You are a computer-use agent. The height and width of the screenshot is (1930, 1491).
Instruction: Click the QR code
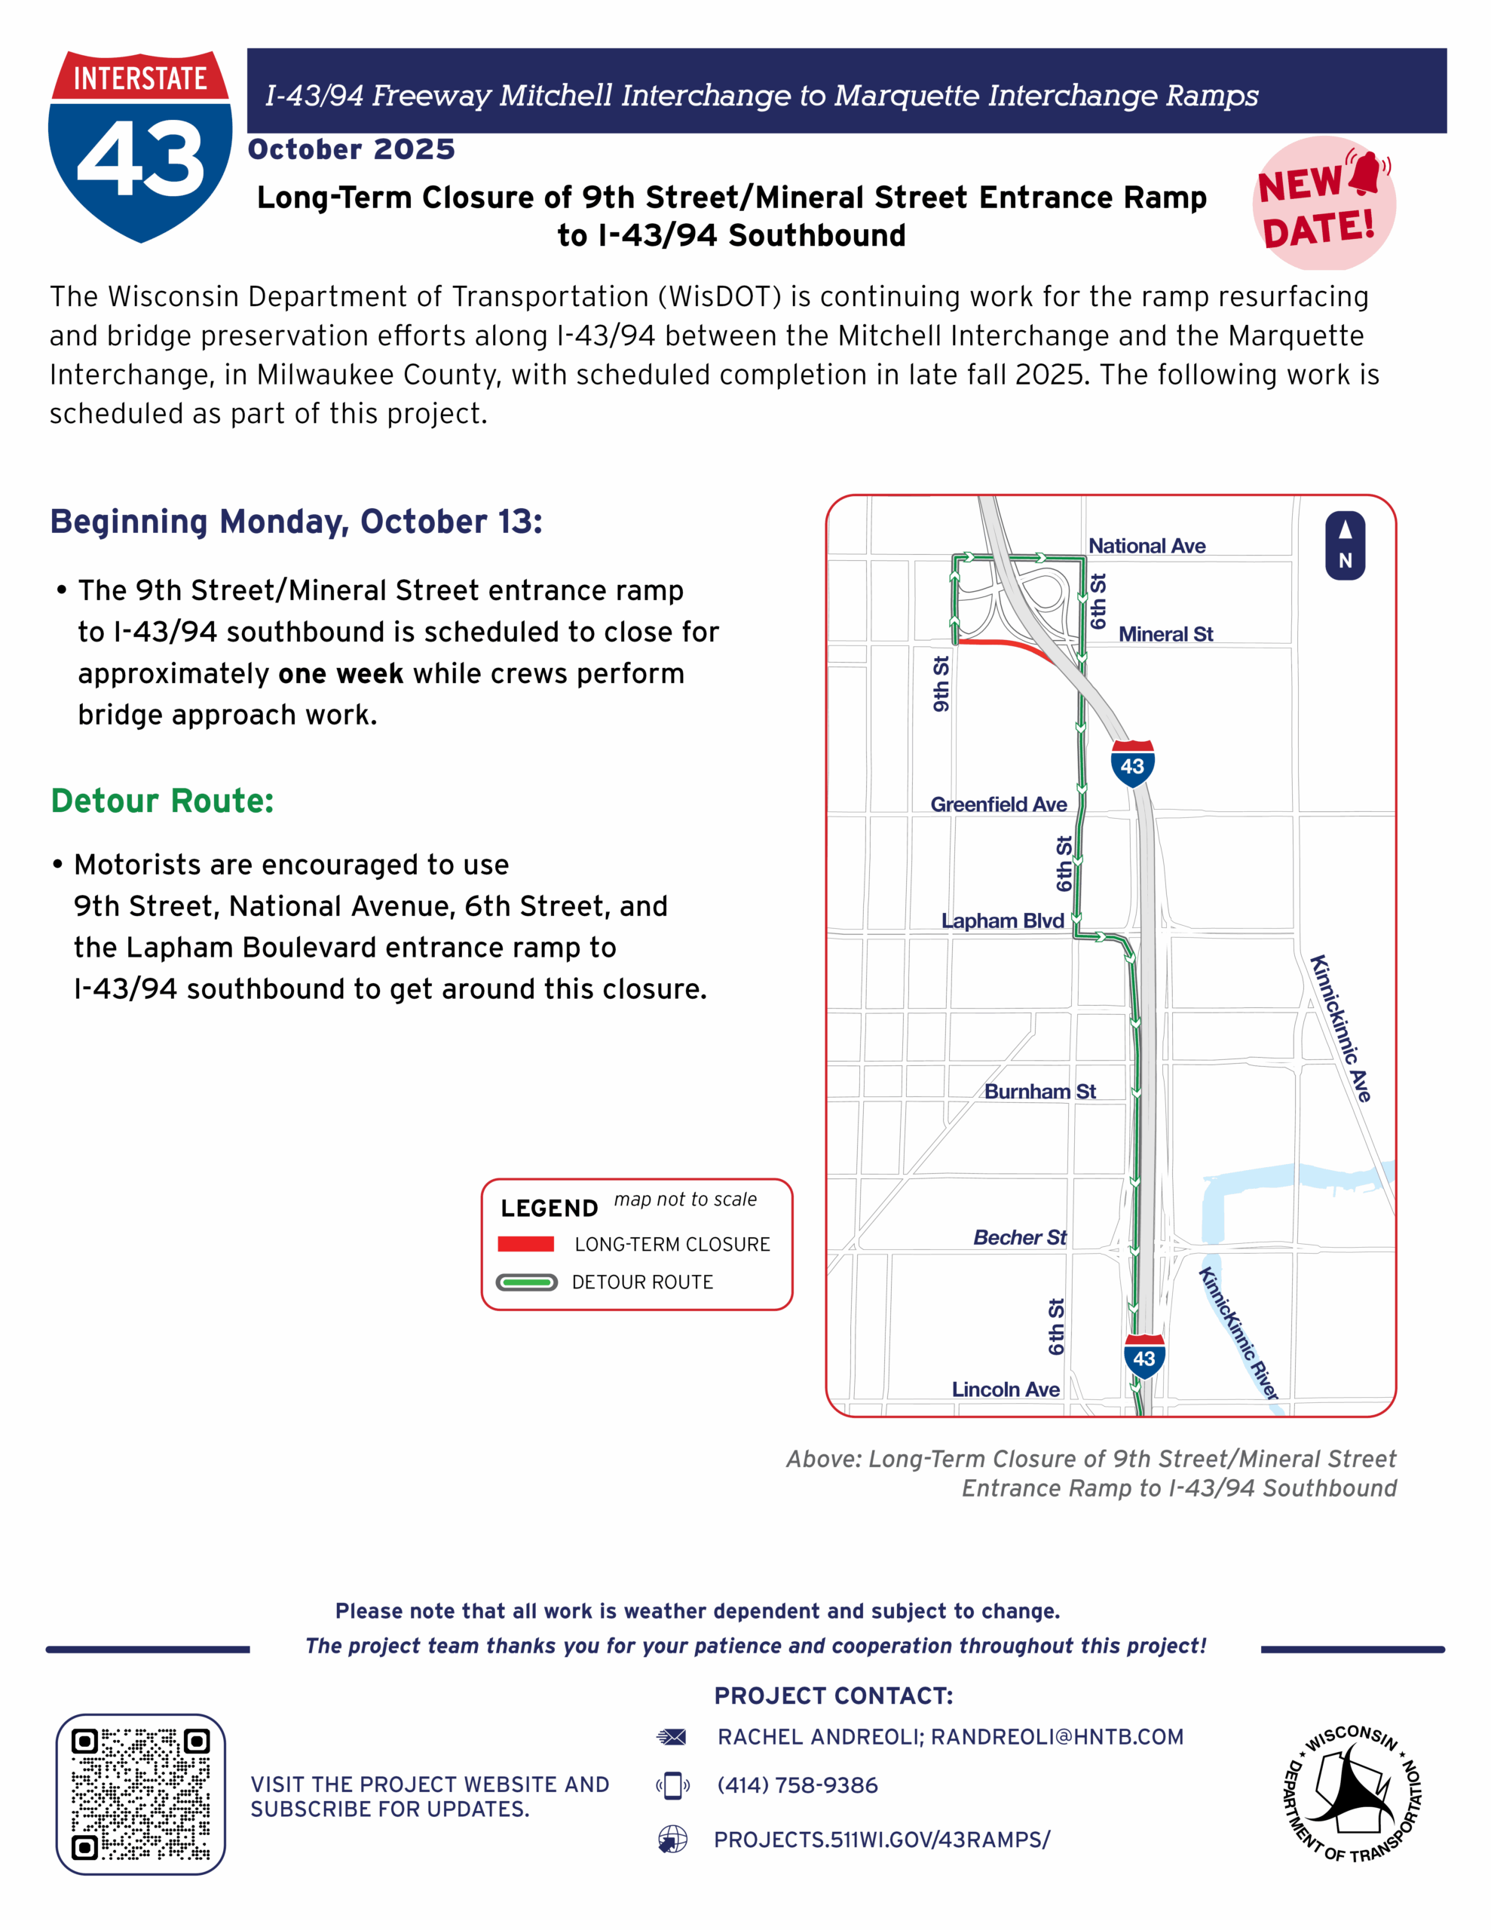140,1795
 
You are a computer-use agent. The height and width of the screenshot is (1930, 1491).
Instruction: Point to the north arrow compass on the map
1344,546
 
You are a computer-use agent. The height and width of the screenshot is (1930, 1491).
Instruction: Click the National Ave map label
1147,546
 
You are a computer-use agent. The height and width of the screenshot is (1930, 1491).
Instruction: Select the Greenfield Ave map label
998,805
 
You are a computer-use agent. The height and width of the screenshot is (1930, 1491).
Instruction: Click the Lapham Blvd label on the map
1003,921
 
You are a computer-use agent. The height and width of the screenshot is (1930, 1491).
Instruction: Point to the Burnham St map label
1039,1092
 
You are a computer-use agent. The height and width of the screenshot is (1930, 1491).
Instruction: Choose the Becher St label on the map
1020,1238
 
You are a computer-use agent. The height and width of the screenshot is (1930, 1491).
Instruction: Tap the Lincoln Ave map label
1005,1390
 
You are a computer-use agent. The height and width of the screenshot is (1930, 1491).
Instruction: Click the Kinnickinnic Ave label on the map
1340,1028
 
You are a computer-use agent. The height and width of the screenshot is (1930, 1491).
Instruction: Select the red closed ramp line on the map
1008,645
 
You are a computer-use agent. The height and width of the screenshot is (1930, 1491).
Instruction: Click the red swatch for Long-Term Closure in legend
526,1244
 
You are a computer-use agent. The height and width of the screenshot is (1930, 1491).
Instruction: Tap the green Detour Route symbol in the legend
527,1282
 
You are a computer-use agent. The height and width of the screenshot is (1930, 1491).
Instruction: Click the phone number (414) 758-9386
798,1786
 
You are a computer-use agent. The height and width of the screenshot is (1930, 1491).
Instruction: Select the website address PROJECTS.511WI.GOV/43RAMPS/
881,1840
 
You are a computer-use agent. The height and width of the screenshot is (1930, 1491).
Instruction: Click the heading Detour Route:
163,801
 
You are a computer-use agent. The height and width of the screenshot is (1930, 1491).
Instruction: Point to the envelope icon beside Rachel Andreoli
672,1737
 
